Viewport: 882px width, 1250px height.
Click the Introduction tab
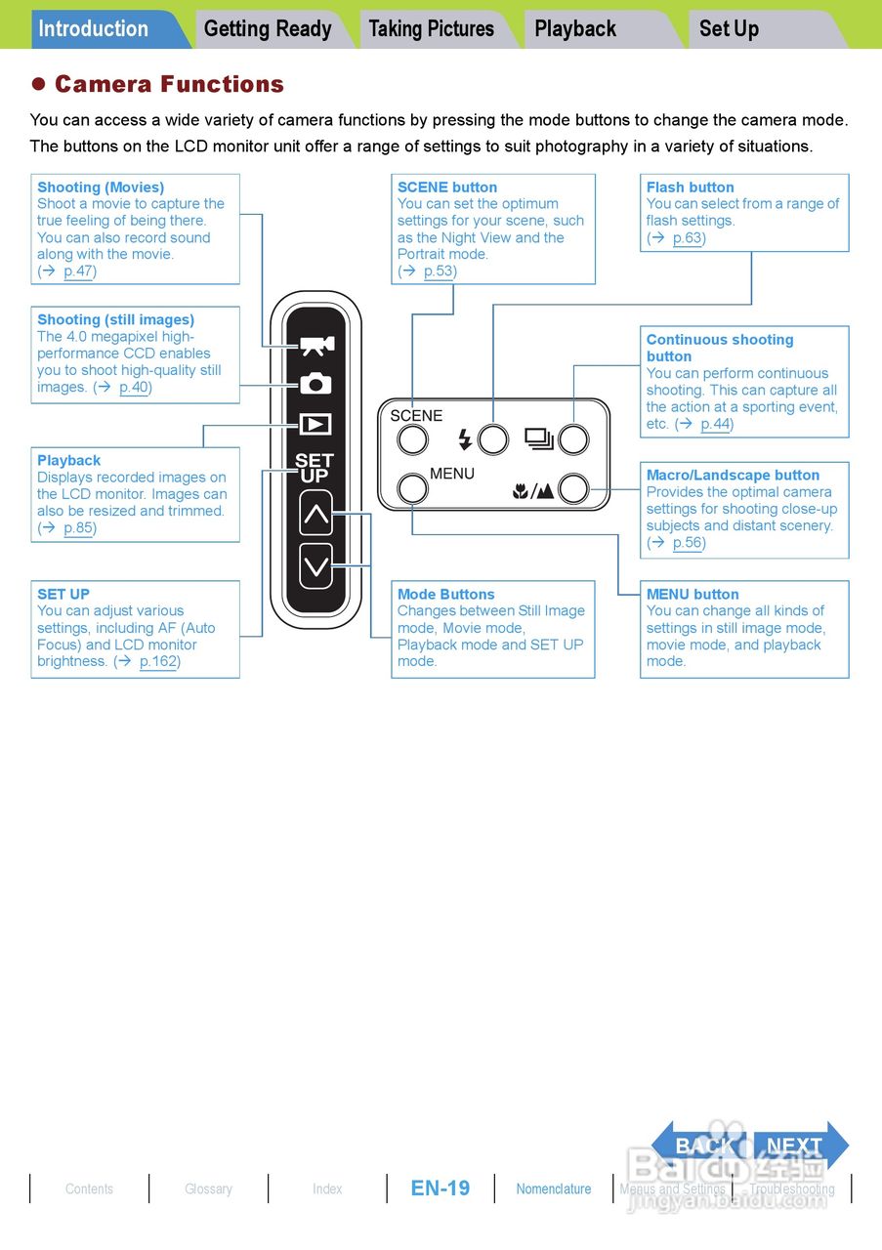tap(95, 29)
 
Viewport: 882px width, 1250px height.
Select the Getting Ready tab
tap(268, 29)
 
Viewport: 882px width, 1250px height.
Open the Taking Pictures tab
tap(432, 29)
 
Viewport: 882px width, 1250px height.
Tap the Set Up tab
tap(729, 29)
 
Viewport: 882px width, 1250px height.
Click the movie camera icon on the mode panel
tap(315, 346)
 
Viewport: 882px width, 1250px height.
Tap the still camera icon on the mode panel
tap(315, 384)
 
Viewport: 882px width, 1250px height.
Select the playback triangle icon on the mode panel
tap(315, 425)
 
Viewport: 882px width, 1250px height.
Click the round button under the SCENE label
tap(412, 440)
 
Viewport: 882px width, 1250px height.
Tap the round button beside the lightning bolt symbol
tap(493, 440)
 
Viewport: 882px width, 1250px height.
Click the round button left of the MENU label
tap(413, 488)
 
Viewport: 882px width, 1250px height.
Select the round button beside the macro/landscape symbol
tap(573, 488)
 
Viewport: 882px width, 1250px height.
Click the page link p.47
tap(78, 271)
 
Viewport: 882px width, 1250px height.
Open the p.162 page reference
tap(158, 662)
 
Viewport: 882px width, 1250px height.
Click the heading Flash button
tap(690, 187)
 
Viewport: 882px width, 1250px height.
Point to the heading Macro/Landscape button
tap(733, 476)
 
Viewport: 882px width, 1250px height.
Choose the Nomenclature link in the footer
tap(554, 1188)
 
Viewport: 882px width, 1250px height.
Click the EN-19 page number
tap(441, 1188)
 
